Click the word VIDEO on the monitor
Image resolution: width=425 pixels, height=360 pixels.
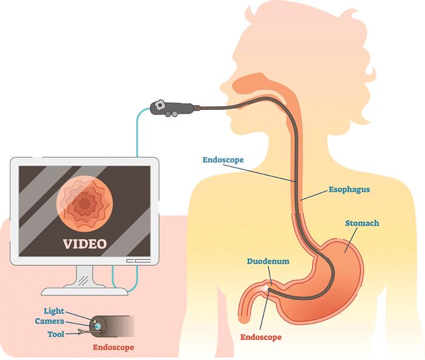tap(85, 243)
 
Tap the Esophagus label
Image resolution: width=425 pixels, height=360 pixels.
tap(349, 189)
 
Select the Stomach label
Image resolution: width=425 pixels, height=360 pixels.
tap(362, 223)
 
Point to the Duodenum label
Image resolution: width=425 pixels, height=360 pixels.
tap(268, 261)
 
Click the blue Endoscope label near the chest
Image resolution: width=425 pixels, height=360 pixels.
tap(223, 160)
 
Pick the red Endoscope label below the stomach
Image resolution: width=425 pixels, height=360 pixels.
tap(260, 337)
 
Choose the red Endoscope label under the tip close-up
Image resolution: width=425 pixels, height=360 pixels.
tap(114, 347)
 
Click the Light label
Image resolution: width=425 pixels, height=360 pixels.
tap(54, 311)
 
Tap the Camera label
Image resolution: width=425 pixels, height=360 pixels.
tap(50, 321)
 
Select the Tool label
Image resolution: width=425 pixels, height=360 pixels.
tap(56, 334)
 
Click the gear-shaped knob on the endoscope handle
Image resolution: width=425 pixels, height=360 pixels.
tap(160, 104)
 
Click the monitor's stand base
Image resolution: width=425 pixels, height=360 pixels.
tap(84, 291)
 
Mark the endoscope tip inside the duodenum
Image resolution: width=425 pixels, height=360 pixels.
tap(269, 290)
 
